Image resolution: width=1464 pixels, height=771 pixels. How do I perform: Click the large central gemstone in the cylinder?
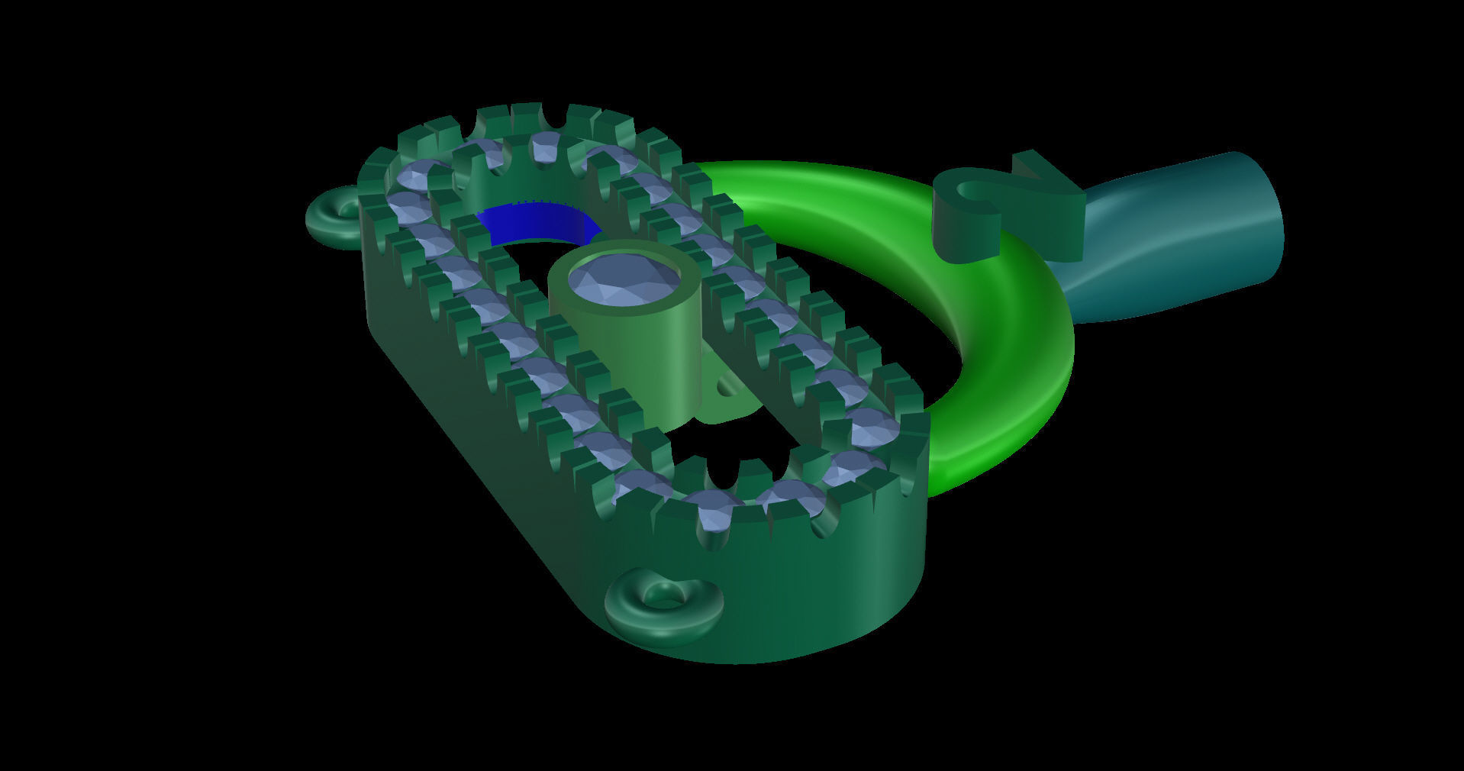pos(624,279)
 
